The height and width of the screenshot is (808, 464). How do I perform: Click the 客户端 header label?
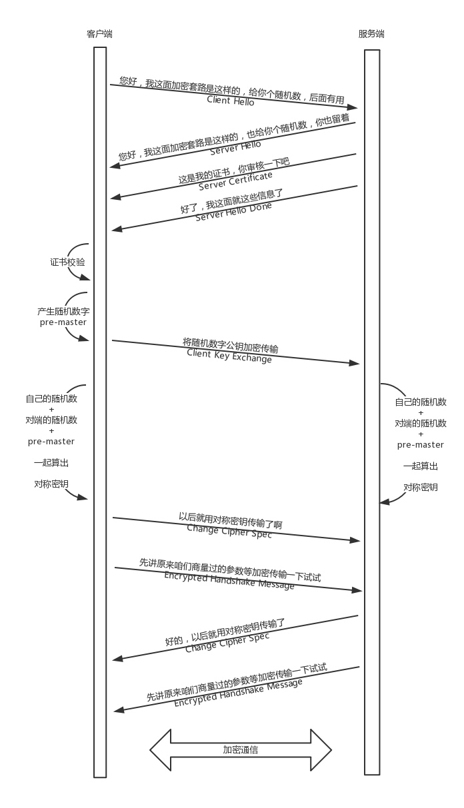click(99, 34)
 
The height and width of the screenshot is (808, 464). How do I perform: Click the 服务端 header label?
click(371, 34)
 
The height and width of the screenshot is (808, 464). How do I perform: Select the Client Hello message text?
click(230, 101)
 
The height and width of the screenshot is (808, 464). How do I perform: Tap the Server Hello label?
click(235, 148)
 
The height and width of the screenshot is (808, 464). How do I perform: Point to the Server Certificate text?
click(235, 181)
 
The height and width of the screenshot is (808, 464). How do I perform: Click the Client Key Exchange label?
click(229, 356)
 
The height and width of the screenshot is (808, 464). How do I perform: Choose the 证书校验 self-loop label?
click(67, 262)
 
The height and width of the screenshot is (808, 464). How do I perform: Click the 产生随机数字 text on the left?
click(63, 312)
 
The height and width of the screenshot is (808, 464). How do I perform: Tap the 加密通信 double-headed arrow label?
click(241, 750)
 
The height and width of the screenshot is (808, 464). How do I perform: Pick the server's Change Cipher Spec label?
click(227, 641)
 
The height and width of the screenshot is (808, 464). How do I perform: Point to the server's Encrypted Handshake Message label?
click(238, 693)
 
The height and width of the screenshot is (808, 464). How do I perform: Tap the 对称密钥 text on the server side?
click(421, 488)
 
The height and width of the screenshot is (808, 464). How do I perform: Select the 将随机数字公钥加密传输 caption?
click(231, 344)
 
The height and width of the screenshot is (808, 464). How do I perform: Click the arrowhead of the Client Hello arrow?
click(353, 107)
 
